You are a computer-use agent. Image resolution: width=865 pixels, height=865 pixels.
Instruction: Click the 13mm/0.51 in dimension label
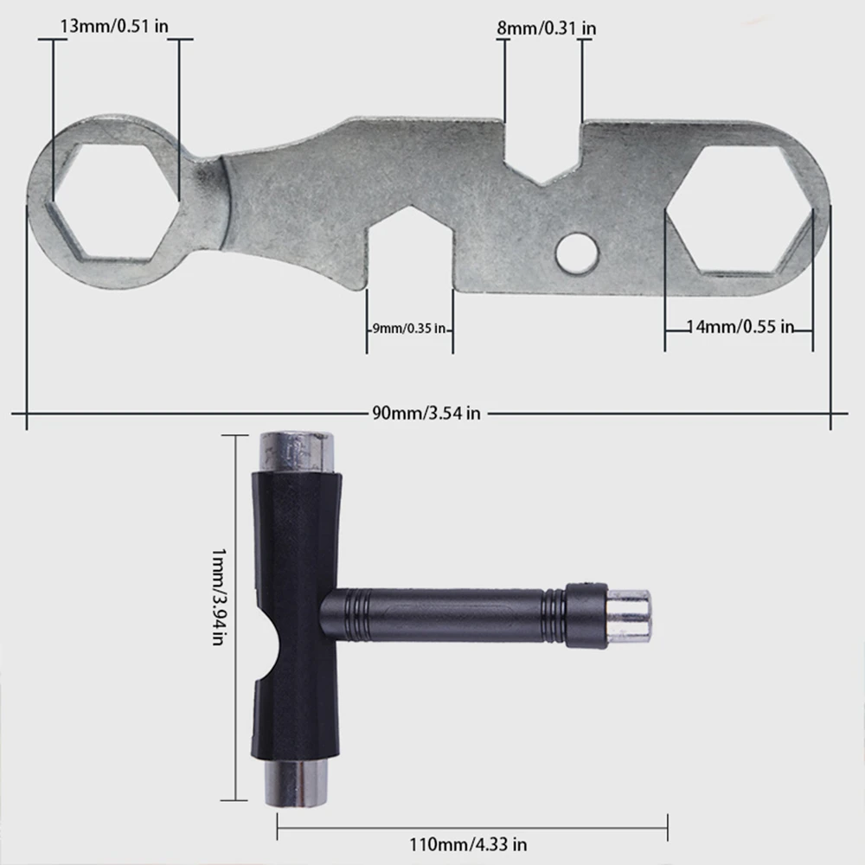(114, 26)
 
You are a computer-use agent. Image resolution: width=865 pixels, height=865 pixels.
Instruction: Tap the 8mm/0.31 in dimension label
(546, 29)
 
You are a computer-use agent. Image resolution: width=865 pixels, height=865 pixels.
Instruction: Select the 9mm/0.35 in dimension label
(409, 328)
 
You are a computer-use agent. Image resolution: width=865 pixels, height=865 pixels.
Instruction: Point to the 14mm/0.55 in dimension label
(740, 327)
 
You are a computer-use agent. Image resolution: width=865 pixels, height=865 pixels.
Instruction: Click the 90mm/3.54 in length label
(426, 413)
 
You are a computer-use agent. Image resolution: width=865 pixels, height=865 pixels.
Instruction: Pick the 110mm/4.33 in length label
(468, 844)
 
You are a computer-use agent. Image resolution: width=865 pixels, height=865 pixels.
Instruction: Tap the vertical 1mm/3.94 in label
(219, 597)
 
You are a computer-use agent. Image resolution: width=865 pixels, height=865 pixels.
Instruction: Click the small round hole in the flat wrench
(576, 253)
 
